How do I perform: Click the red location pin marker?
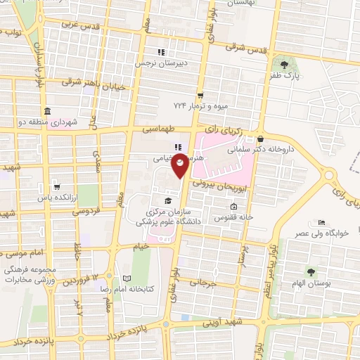pyautogui.click(x=180, y=165)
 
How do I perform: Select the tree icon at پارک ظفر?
pyautogui.click(x=285, y=63)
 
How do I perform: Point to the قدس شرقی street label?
pyautogui.click(x=250, y=49)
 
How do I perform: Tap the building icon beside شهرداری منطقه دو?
pyautogui.click(x=46, y=112)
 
